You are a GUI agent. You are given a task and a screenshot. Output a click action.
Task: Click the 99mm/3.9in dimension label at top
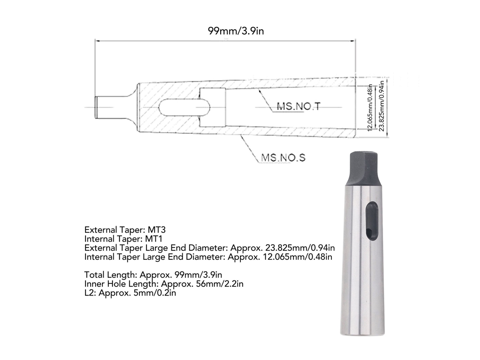pos(236,31)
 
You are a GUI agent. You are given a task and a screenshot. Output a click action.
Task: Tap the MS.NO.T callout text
pos(299,107)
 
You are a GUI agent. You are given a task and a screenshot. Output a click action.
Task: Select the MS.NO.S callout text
pos(283,157)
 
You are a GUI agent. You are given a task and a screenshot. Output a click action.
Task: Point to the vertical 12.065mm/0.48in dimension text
pos(370,108)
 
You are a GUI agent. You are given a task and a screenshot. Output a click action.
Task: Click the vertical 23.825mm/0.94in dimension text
pos(381,106)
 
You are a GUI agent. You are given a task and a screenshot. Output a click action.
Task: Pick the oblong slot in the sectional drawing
pos(185,107)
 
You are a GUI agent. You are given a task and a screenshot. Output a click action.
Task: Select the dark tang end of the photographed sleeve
pos(364,168)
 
